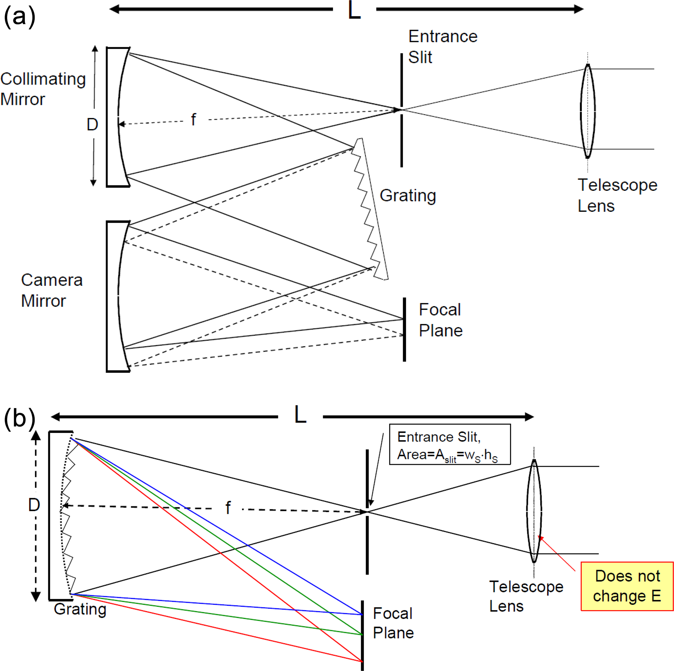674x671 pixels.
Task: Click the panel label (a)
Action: point(20,17)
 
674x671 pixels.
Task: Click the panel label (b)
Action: point(20,419)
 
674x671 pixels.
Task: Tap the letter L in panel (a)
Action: point(354,10)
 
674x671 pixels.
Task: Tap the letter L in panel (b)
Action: point(300,415)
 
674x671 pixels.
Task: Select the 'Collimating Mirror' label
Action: point(43,89)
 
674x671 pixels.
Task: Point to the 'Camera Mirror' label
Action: point(52,290)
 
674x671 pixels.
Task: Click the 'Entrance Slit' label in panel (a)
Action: point(442,47)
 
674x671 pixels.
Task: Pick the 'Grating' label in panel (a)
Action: point(408,195)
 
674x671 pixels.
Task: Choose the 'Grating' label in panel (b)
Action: point(80,609)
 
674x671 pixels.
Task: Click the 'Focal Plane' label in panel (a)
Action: point(441,320)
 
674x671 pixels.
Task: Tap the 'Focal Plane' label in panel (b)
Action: point(393,623)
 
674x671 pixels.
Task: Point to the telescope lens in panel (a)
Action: point(588,111)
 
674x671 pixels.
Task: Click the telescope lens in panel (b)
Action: point(534,511)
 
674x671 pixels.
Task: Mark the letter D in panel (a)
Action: point(93,124)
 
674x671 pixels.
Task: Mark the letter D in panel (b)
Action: point(34,505)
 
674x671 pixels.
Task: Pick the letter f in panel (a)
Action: point(194,120)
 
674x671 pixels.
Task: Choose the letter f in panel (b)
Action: point(228,507)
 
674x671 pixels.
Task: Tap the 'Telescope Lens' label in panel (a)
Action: point(617,195)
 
